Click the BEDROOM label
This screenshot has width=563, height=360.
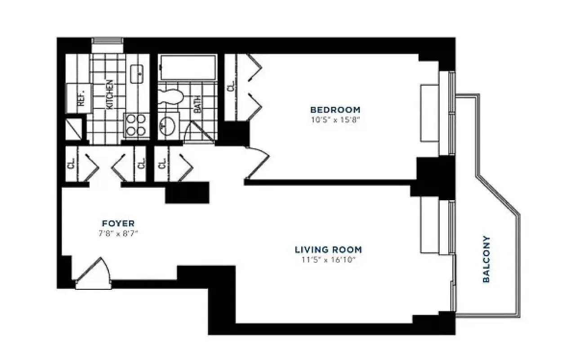(x=335, y=109)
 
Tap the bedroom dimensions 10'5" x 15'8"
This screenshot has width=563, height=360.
(x=335, y=120)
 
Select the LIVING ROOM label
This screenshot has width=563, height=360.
(x=328, y=249)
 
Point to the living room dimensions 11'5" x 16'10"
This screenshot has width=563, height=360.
(x=328, y=260)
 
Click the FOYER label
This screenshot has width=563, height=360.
(x=118, y=223)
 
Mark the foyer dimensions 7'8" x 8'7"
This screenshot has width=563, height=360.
(x=118, y=234)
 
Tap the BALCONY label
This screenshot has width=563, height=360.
(x=486, y=259)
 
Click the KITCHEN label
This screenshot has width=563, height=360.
(x=109, y=94)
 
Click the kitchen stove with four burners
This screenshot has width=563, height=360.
(x=136, y=125)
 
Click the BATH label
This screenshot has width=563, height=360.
(x=197, y=103)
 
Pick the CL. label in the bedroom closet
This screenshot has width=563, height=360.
(x=231, y=87)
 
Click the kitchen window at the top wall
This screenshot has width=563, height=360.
(x=107, y=41)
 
